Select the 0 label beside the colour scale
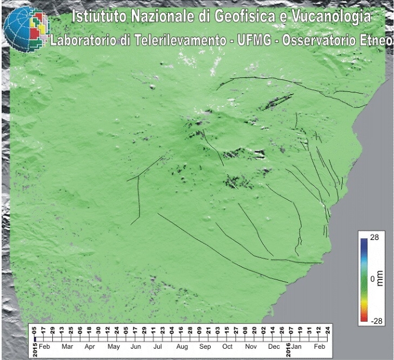(x=372, y=279)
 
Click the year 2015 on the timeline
(x=34, y=345)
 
